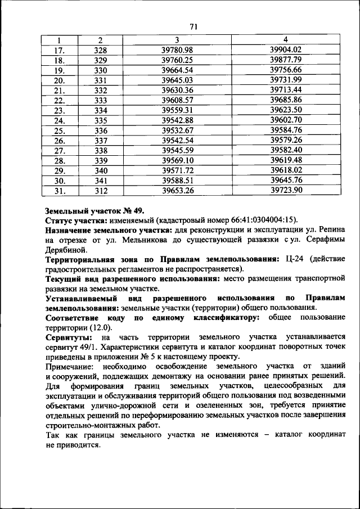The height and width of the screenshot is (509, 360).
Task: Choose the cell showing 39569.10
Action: [x=177, y=160]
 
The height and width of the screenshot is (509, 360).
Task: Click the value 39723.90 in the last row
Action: [x=286, y=190]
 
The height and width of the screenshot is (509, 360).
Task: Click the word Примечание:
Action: [x=71, y=366]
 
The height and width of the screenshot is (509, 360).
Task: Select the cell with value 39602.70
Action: [x=286, y=120]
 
